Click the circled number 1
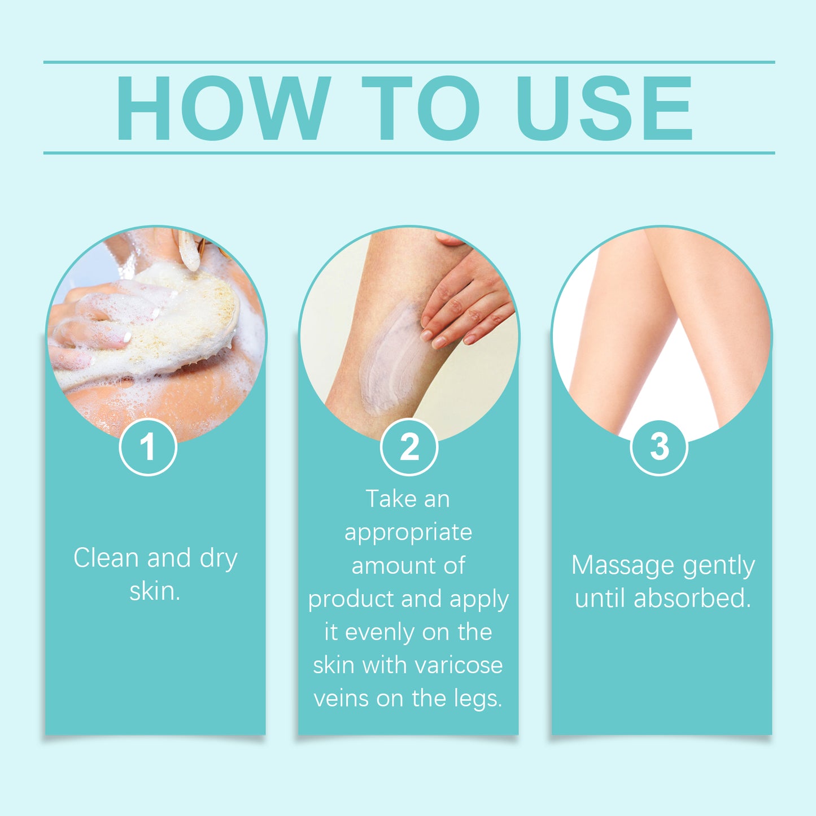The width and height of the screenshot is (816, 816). click(148, 447)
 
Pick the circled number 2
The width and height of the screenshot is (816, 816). click(409, 447)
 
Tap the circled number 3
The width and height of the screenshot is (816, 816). click(659, 447)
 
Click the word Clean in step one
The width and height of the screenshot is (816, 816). click(106, 558)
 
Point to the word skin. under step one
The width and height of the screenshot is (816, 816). click(155, 591)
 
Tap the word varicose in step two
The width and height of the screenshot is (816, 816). click(462, 665)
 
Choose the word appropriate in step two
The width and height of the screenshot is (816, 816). click(408, 533)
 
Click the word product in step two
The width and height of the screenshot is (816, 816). click(346, 599)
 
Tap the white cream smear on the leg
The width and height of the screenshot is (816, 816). click(390, 356)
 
